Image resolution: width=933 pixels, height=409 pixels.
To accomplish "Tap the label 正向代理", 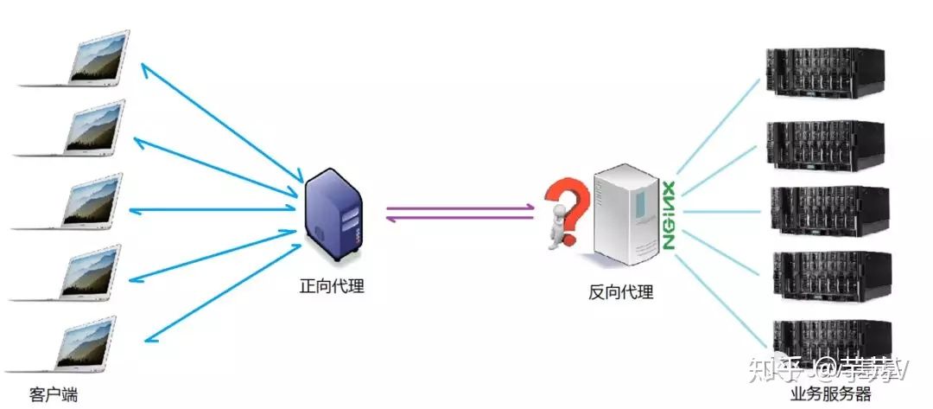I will coord(332,286).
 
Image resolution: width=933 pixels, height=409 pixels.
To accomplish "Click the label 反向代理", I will coord(620,291).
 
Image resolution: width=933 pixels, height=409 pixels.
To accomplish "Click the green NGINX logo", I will coord(668,216).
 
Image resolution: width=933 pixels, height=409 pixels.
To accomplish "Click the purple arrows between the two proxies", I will coord(459,213).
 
